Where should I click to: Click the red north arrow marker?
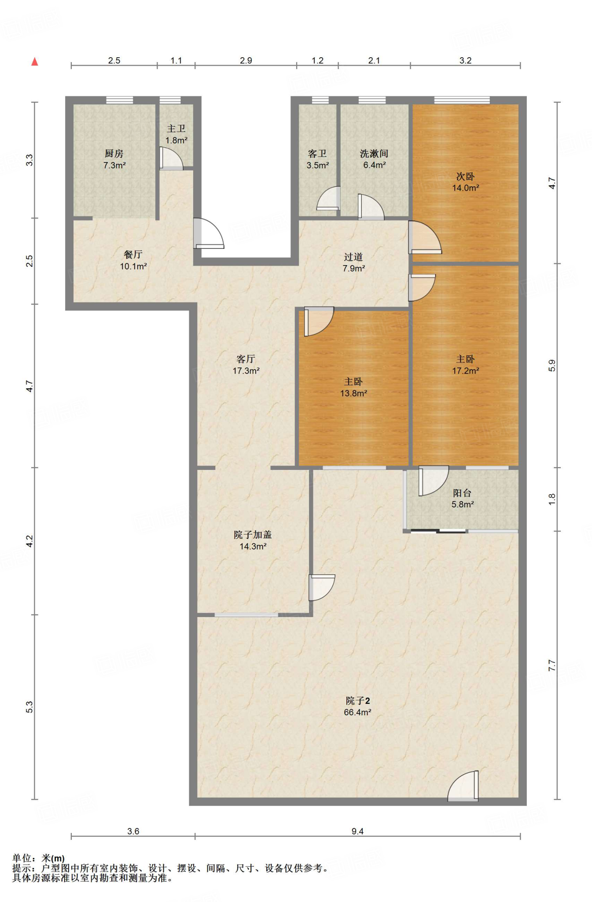point(34,62)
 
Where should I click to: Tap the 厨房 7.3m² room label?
point(114,159)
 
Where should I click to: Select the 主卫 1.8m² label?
point(176,134)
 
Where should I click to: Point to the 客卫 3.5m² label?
point(317,159)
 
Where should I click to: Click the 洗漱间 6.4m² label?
point(374,159)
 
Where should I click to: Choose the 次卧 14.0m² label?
point(465,182)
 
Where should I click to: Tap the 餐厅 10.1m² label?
point(133,260)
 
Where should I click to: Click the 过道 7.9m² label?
point(353,262)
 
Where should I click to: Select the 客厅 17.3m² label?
point(246,365)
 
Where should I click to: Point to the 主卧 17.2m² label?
point(465,365)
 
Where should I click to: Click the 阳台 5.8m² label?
point(462,499)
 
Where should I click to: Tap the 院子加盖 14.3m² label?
point(253,540)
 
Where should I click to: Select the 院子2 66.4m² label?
point(357,706)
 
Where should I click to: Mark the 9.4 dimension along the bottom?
point(357,831)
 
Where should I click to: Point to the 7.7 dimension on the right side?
point(552,665)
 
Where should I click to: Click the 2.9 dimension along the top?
point(246,60)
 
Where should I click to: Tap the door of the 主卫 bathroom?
point(171,159)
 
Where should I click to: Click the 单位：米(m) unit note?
point(38,858)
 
